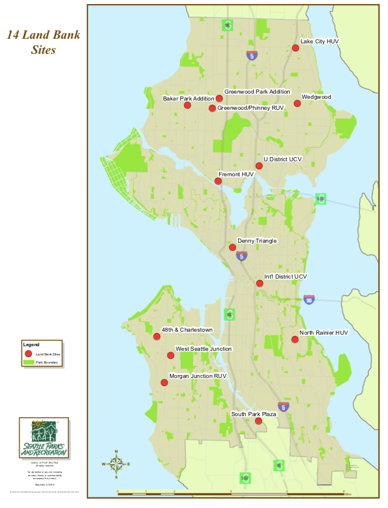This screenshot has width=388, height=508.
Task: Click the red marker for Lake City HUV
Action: [x=295, y=48]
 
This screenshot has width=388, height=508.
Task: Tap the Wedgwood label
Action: [x=316, y=97]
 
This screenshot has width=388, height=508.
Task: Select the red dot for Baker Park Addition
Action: [x=187, y=105]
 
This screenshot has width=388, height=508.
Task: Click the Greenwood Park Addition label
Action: [x=257, y=91]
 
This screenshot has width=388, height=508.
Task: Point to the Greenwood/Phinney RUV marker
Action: [x=212, y=108]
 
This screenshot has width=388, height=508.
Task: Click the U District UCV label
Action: [x=283, y=159]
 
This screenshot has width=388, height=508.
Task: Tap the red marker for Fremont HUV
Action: [x=218, y=181]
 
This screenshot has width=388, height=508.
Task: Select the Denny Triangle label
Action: [x=257, y=240]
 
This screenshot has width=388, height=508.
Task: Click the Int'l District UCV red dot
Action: [x=260, y=283]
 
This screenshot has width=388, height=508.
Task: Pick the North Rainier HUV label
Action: [x=323, y=333]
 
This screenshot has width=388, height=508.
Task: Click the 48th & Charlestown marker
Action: [x=157, y=336]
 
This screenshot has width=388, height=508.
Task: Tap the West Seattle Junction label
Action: [x=204, y=348]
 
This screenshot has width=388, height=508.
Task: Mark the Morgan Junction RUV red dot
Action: [x=164, y=382]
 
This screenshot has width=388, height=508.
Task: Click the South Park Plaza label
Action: [x=253, y=414]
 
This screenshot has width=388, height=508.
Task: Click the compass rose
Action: [x=116, y=463]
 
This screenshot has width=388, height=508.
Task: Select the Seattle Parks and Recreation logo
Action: [x=44, y=439]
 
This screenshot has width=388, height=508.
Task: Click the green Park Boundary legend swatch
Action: [x=28, y=363]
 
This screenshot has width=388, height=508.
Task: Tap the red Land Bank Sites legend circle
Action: [x=28, y=353]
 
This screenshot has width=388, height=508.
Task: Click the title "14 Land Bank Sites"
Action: [x=43, y=42]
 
